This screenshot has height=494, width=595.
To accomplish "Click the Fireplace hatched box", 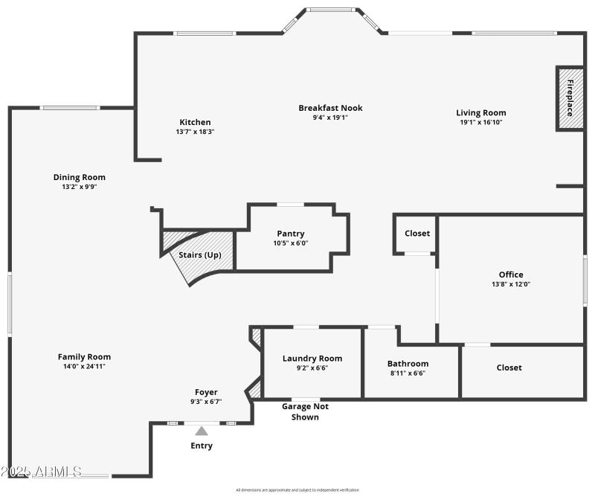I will pos(570,98).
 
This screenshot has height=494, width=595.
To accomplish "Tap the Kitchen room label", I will pos(195,122).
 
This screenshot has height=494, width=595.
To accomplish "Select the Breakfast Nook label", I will pos(330,108).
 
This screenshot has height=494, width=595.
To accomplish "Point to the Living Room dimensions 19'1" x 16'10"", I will pos(480,122).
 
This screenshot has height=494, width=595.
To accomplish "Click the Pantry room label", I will pos(291,234).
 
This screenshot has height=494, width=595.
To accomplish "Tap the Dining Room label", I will pos(79,177).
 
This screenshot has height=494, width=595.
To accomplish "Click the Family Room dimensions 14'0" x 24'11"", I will pos(84,367).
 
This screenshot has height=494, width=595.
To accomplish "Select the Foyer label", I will pos(206,392).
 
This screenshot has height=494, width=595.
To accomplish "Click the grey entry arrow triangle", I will pos(202,430).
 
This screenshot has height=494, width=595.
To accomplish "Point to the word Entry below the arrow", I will pos(202,446).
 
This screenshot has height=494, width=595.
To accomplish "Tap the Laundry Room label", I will pos(312,359).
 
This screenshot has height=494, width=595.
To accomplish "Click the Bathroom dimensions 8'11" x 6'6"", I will pos(408,373).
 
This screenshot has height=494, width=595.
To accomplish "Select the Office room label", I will pos(511,275).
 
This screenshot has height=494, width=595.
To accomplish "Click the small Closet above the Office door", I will pos(416,234).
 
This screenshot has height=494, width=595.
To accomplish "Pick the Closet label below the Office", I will pos(509,368).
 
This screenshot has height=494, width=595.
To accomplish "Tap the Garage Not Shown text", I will pos(305,411).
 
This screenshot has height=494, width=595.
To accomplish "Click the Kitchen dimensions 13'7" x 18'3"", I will pos(195,132).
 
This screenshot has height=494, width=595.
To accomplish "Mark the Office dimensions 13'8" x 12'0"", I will pos(511,283).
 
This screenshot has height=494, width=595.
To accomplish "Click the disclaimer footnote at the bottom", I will pos(297,490).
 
